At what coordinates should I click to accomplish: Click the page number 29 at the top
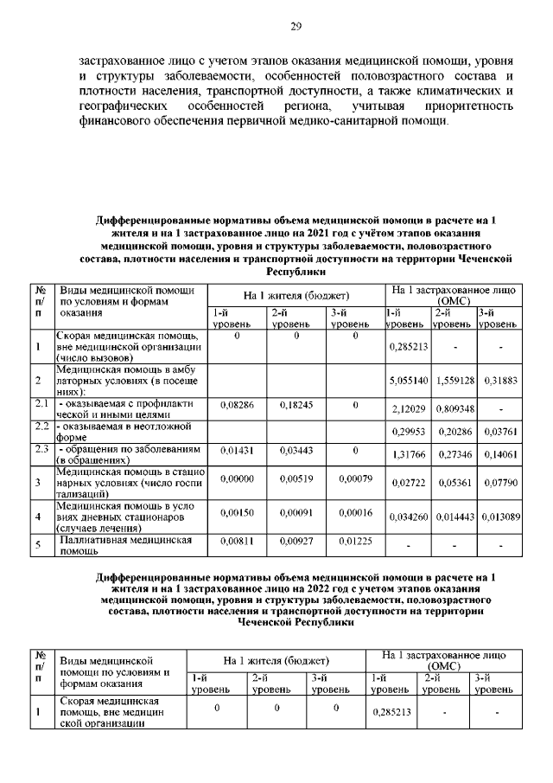click(295, 27)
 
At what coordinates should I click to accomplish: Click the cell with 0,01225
click(354, 541)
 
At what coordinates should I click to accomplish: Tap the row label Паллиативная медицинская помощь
click(125, 545)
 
